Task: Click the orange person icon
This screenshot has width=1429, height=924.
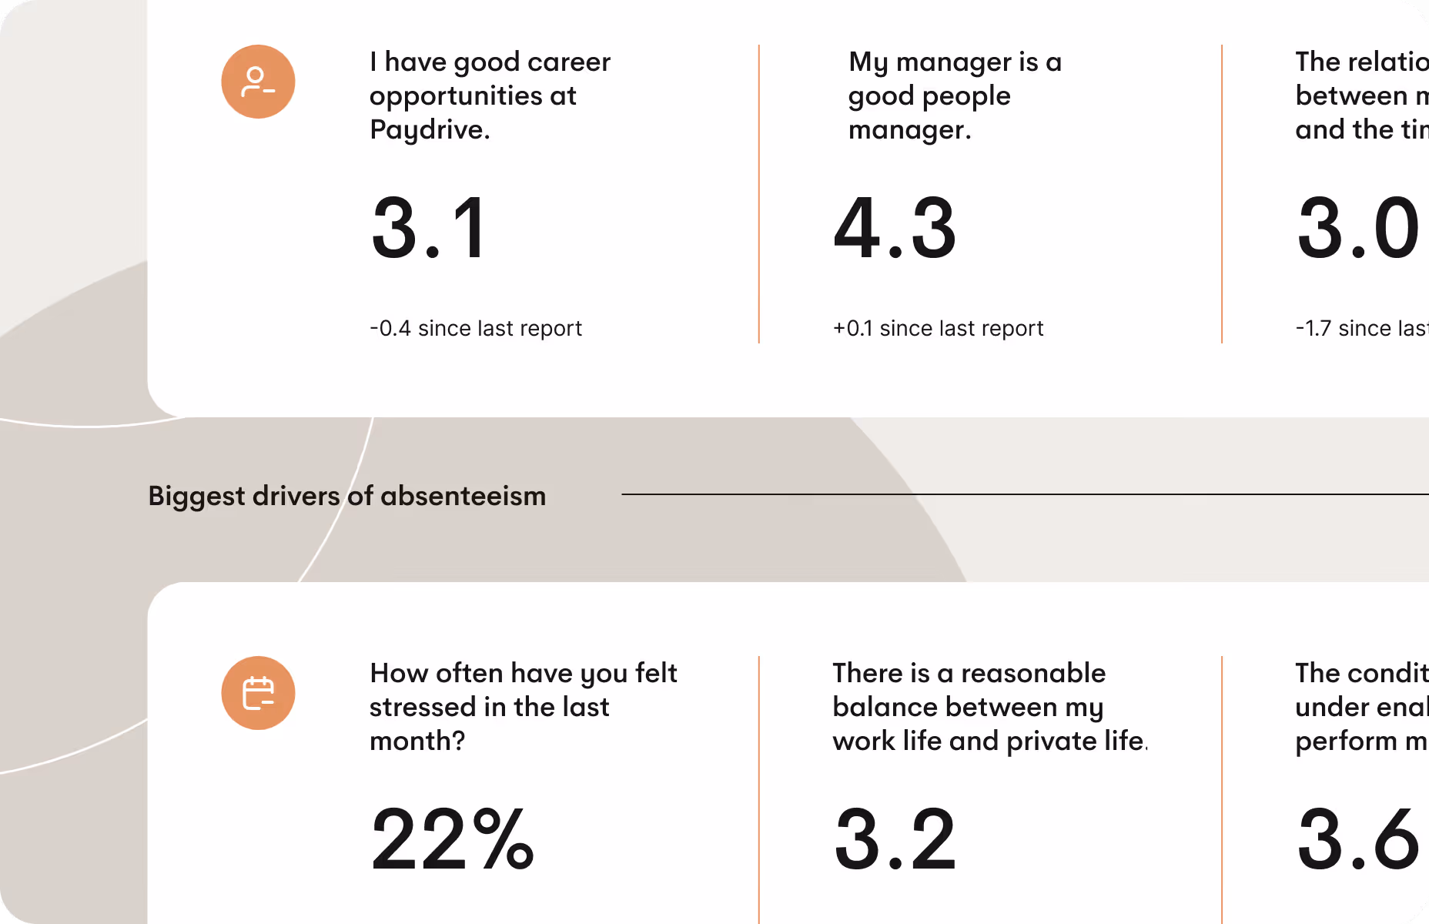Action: pyautogui.click(x=258, y=82)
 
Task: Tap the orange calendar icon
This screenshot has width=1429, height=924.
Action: pyautogui.click(x=258, y=693)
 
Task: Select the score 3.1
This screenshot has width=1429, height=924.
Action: pyautogui.click(x=429, y=228)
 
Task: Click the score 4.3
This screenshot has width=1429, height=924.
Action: pyautogui.click(x=895, y=228)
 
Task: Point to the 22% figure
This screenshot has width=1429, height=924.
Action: pyautogui.click(x=452, y=839)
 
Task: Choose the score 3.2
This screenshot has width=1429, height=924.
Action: pyautogui.click(x=895, y=839)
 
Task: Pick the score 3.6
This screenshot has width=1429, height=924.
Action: pyautogui.click(x=1358, y=839)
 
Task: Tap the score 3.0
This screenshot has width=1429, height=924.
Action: pyautogui.click(x=1358, y=228)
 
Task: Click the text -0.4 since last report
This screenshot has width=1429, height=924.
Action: pyautogui.click(x=475, y=328)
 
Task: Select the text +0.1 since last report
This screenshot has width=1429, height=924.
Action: pyautogui.click(x=938, y=328)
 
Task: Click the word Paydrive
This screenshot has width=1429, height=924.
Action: pyautogui.click(x=429, y=129)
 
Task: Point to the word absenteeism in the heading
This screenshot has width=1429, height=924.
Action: pyautogui.click(x=463, y=496)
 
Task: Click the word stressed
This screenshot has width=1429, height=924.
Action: pyautogui.click(x=423, y=707)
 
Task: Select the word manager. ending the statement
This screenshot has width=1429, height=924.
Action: pyautogui.click(x=909, y=129)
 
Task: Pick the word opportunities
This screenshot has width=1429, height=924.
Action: pyautogui.click(x=456, y=95)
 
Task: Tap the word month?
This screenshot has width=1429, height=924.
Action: pyautogui.click(x=417, y=741)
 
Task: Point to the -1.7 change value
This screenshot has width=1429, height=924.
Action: pyautogui.click(x=1313, y=328)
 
